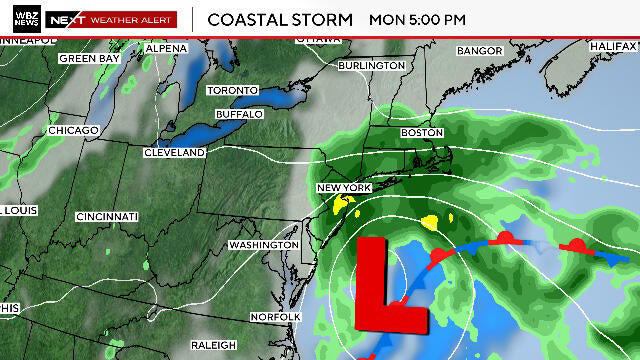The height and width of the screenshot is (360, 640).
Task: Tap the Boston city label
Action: [x=421, y=133]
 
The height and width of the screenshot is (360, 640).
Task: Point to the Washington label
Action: [x=263, y=245]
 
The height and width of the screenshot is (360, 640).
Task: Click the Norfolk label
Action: [x=275, y=317]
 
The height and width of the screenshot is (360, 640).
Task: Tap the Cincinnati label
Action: [x=106, y=217]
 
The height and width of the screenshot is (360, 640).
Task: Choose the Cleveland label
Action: [x=174, y=153]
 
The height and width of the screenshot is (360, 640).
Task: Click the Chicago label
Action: [x=74, y=131]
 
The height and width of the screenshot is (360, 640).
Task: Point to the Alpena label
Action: [x=166, y=49]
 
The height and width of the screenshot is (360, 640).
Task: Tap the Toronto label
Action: [x=232, y=91]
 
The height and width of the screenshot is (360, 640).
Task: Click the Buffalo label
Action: [x=239, y=115]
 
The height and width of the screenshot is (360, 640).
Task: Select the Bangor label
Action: [x=479, y=51]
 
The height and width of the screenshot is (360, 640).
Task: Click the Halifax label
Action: [x=614, y=47]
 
